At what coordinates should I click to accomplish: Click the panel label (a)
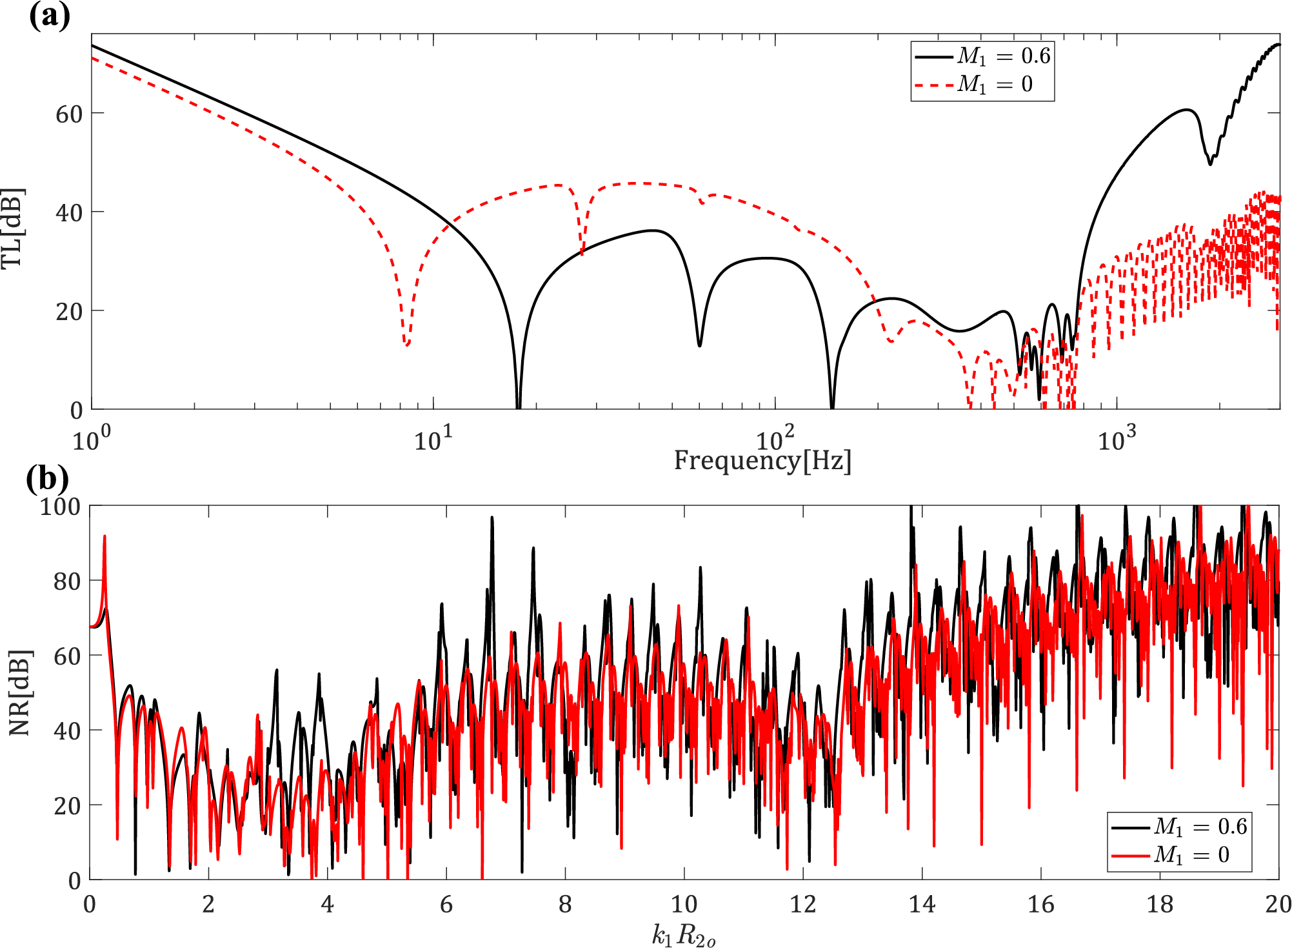[x=49, y=15]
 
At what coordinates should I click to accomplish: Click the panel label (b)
[x=47, y=479]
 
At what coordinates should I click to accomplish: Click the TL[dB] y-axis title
[x=13, y=228]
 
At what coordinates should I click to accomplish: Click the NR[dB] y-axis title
[x=19, y=692]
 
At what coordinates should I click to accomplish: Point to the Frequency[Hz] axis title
[x=762, y=461]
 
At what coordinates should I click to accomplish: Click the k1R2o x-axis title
[x=684, y=935]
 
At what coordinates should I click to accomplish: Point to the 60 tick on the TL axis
[x=69, y=114]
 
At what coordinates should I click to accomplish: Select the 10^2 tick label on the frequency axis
[x=774, y=439]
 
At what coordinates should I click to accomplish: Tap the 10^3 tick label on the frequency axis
[x=1116, y=439]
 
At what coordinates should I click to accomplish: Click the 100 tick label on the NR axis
[x=60, y=507]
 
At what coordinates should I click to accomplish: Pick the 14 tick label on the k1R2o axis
[x=922, y=904]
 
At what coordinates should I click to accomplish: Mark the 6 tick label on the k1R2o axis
[x=446, y=904]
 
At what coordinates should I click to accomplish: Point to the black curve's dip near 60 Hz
[x=699, y=345]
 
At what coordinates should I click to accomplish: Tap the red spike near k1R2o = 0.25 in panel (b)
[x=104, y=537]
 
